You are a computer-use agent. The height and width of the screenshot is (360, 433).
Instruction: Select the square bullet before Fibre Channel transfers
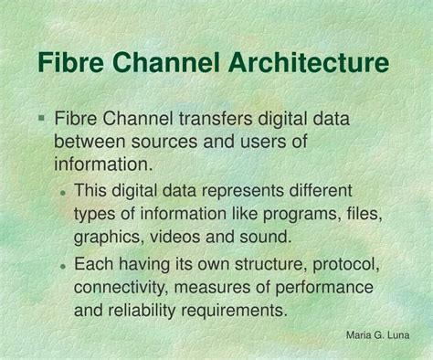pos(42,119)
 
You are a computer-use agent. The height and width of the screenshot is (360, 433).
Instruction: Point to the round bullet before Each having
pos(63,266)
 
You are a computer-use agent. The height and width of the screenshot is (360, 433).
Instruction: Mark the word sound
pos(267,237)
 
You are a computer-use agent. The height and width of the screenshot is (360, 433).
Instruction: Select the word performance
pos(324,288)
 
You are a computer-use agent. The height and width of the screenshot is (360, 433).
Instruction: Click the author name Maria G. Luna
pos(378,335)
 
